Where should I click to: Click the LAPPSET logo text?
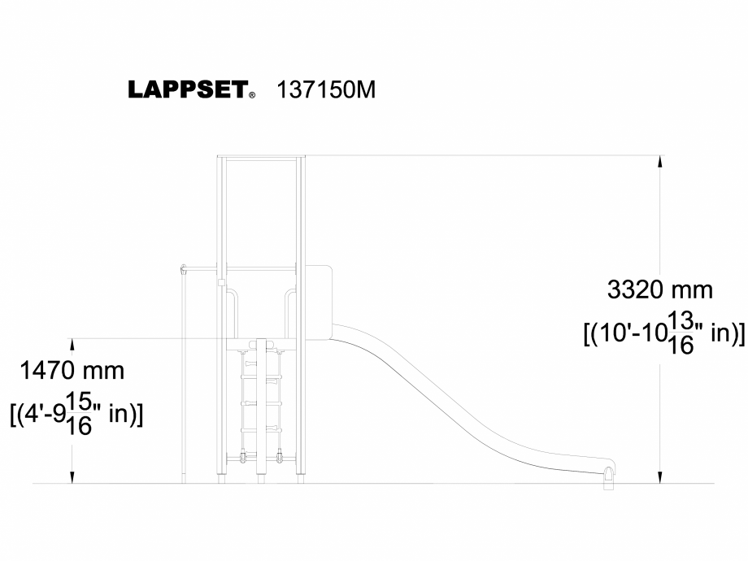coord(187,90)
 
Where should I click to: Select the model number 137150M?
coord(326,89)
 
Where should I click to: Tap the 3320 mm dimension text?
coord(659,289)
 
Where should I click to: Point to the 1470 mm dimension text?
coord(72,372)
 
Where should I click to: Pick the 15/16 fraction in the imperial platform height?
coord(80,414)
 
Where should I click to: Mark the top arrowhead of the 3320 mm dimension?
coord(660,161)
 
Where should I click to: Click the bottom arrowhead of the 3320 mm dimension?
coord(660,476)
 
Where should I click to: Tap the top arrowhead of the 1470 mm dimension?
coord(74,345)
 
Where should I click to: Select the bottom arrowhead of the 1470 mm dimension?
coord(74,476)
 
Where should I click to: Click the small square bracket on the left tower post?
coord(221,283)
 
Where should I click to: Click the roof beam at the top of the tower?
coord(260,157)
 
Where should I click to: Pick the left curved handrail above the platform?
coord(232,313)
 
